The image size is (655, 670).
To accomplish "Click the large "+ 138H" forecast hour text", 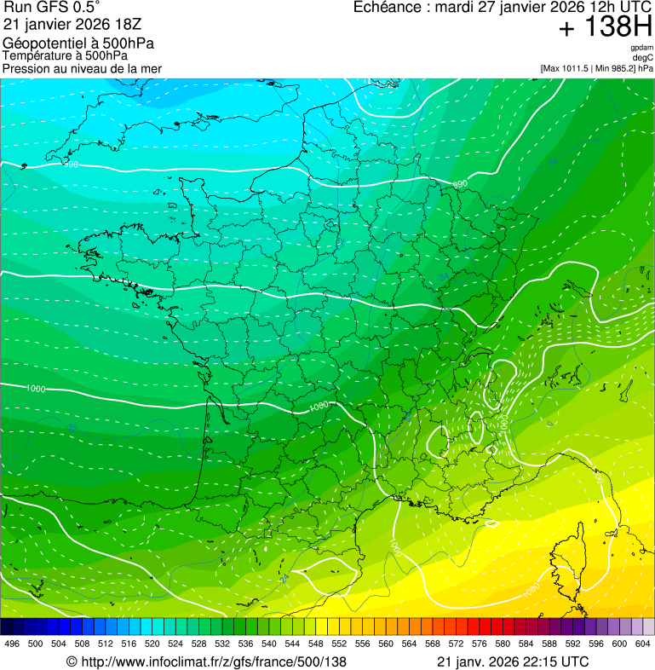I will point(605,29).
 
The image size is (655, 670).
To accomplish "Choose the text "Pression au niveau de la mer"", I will point(82,68).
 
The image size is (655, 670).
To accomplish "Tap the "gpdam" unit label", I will point(641,48).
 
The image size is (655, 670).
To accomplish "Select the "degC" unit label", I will point(642,57).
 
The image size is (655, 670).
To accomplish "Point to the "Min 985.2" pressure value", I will point(614,67).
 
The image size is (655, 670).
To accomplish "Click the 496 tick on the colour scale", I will point(12,644).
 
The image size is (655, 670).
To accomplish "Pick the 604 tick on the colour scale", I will point(642,644).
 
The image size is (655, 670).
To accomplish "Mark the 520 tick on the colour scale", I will point(152,644).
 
